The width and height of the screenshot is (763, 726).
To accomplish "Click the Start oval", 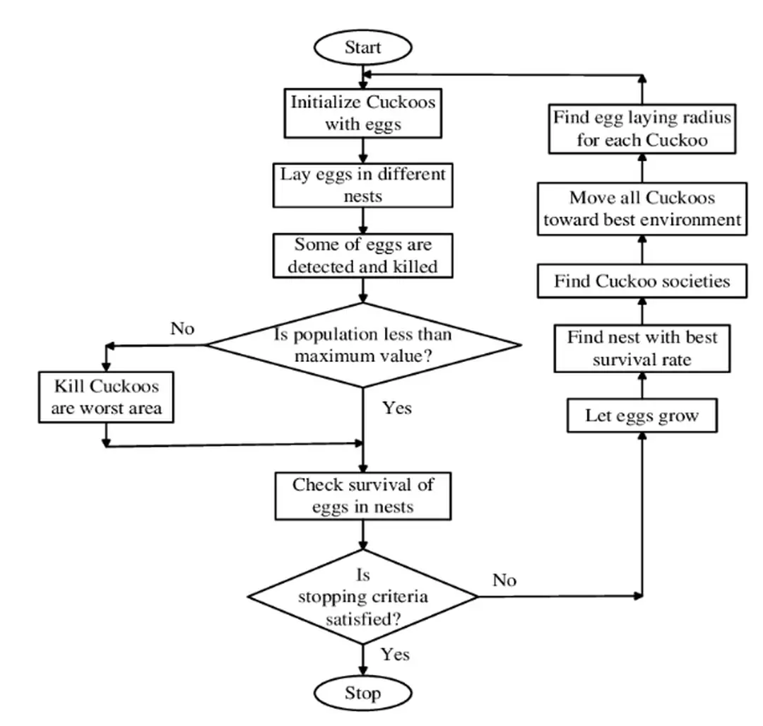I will pos(362,48).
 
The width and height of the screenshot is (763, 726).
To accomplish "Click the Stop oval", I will pos(362,693).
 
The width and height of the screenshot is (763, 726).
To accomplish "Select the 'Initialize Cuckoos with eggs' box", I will pos(362,113).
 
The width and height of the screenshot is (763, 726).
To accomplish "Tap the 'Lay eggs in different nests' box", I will pos(362,185).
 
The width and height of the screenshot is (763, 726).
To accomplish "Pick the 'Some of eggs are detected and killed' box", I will pos(362,256).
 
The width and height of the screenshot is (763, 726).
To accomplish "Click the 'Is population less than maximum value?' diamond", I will pos(363,345).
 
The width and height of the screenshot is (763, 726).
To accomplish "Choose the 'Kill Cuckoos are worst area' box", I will pos(106,397).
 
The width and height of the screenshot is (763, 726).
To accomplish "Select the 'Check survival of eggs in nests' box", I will pos(362,496).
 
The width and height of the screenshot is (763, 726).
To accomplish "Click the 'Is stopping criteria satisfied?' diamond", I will pos(362,597).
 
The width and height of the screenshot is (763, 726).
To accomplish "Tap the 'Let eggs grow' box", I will pos(641,416).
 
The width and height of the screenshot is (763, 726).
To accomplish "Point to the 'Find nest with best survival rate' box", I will pos(641,349).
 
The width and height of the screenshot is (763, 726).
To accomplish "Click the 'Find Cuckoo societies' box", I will pos(641,281).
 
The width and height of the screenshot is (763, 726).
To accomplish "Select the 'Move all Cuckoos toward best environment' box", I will pos(641,209).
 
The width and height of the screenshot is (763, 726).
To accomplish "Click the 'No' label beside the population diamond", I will pos(182,329).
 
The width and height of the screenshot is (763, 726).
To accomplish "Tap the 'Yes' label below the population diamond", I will pos(396,408).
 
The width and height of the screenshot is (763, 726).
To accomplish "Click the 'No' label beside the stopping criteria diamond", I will pos(504,580).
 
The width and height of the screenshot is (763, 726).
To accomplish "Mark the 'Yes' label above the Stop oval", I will pos(395,654).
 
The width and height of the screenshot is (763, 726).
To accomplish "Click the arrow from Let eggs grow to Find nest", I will pos(642,386).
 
